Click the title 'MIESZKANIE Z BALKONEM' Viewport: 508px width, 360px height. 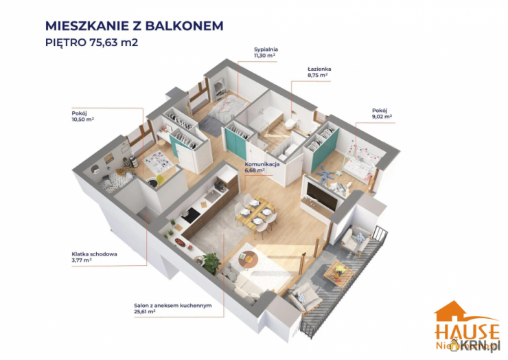(x=134, y=26)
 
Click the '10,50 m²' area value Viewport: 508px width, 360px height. (x=83, y=119)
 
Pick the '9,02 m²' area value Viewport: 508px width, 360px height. (x=382, y=116)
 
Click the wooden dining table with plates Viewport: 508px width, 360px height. (x=257, y=212)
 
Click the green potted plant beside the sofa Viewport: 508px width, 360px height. (x=212, y=262)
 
